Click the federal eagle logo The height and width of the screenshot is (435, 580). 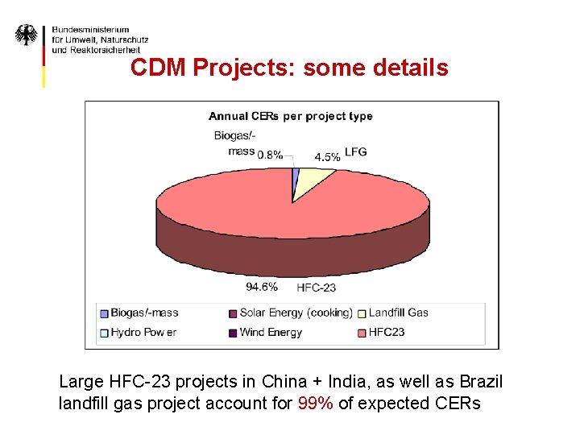tap(27, 35)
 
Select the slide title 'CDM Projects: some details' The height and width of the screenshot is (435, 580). tap(289, 68)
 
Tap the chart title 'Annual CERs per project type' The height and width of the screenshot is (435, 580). tap(291, 116)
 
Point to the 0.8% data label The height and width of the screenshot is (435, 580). tap(270, 155)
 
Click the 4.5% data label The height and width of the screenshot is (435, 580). tap(327, 157)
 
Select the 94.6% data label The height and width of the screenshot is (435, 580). tap(262, 286)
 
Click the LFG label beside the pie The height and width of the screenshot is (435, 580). tap(355, 151)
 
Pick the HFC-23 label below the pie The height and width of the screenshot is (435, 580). tap(317, 287)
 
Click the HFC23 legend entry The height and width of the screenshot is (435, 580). tap(384, 332)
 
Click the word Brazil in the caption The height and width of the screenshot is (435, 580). tap(481, 381)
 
